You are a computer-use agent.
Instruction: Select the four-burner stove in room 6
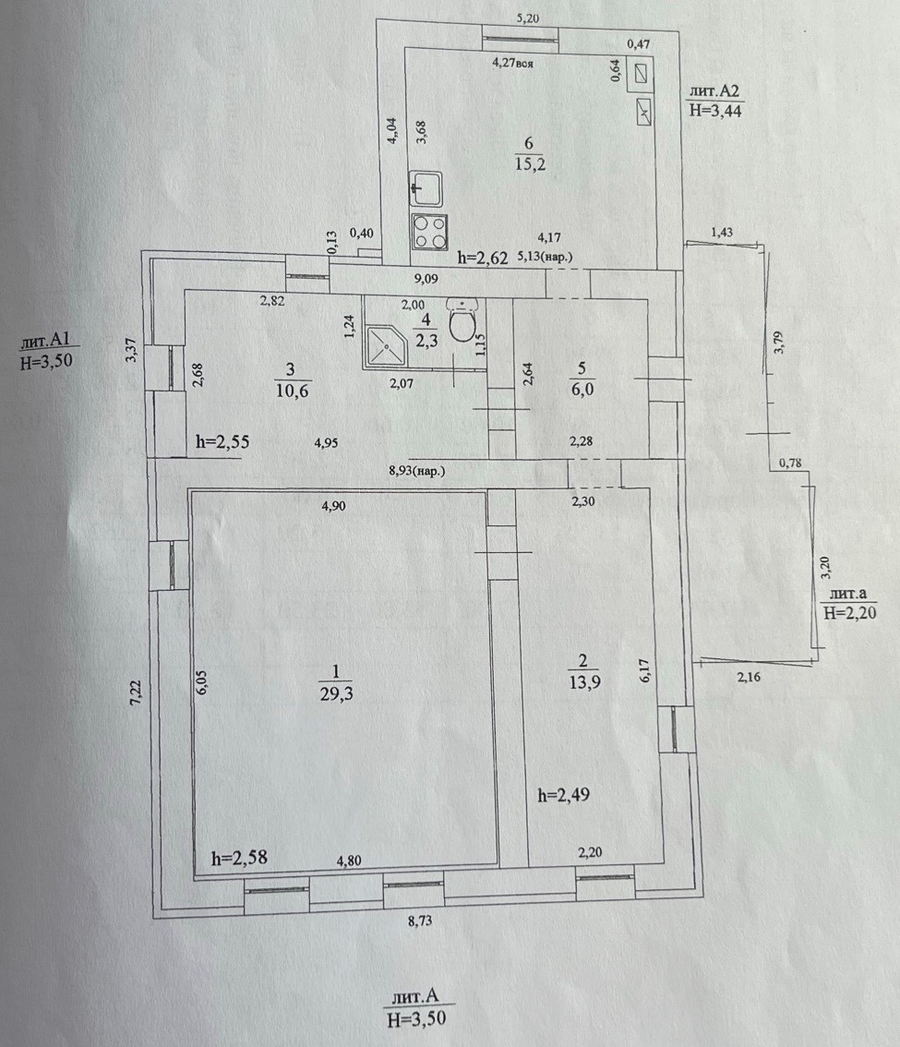428,231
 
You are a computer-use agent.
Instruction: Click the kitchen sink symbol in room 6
426,190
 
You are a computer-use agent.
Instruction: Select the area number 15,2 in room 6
529,163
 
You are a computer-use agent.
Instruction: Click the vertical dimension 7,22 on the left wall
134,695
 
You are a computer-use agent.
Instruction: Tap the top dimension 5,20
528,19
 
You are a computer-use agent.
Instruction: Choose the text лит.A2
714,92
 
